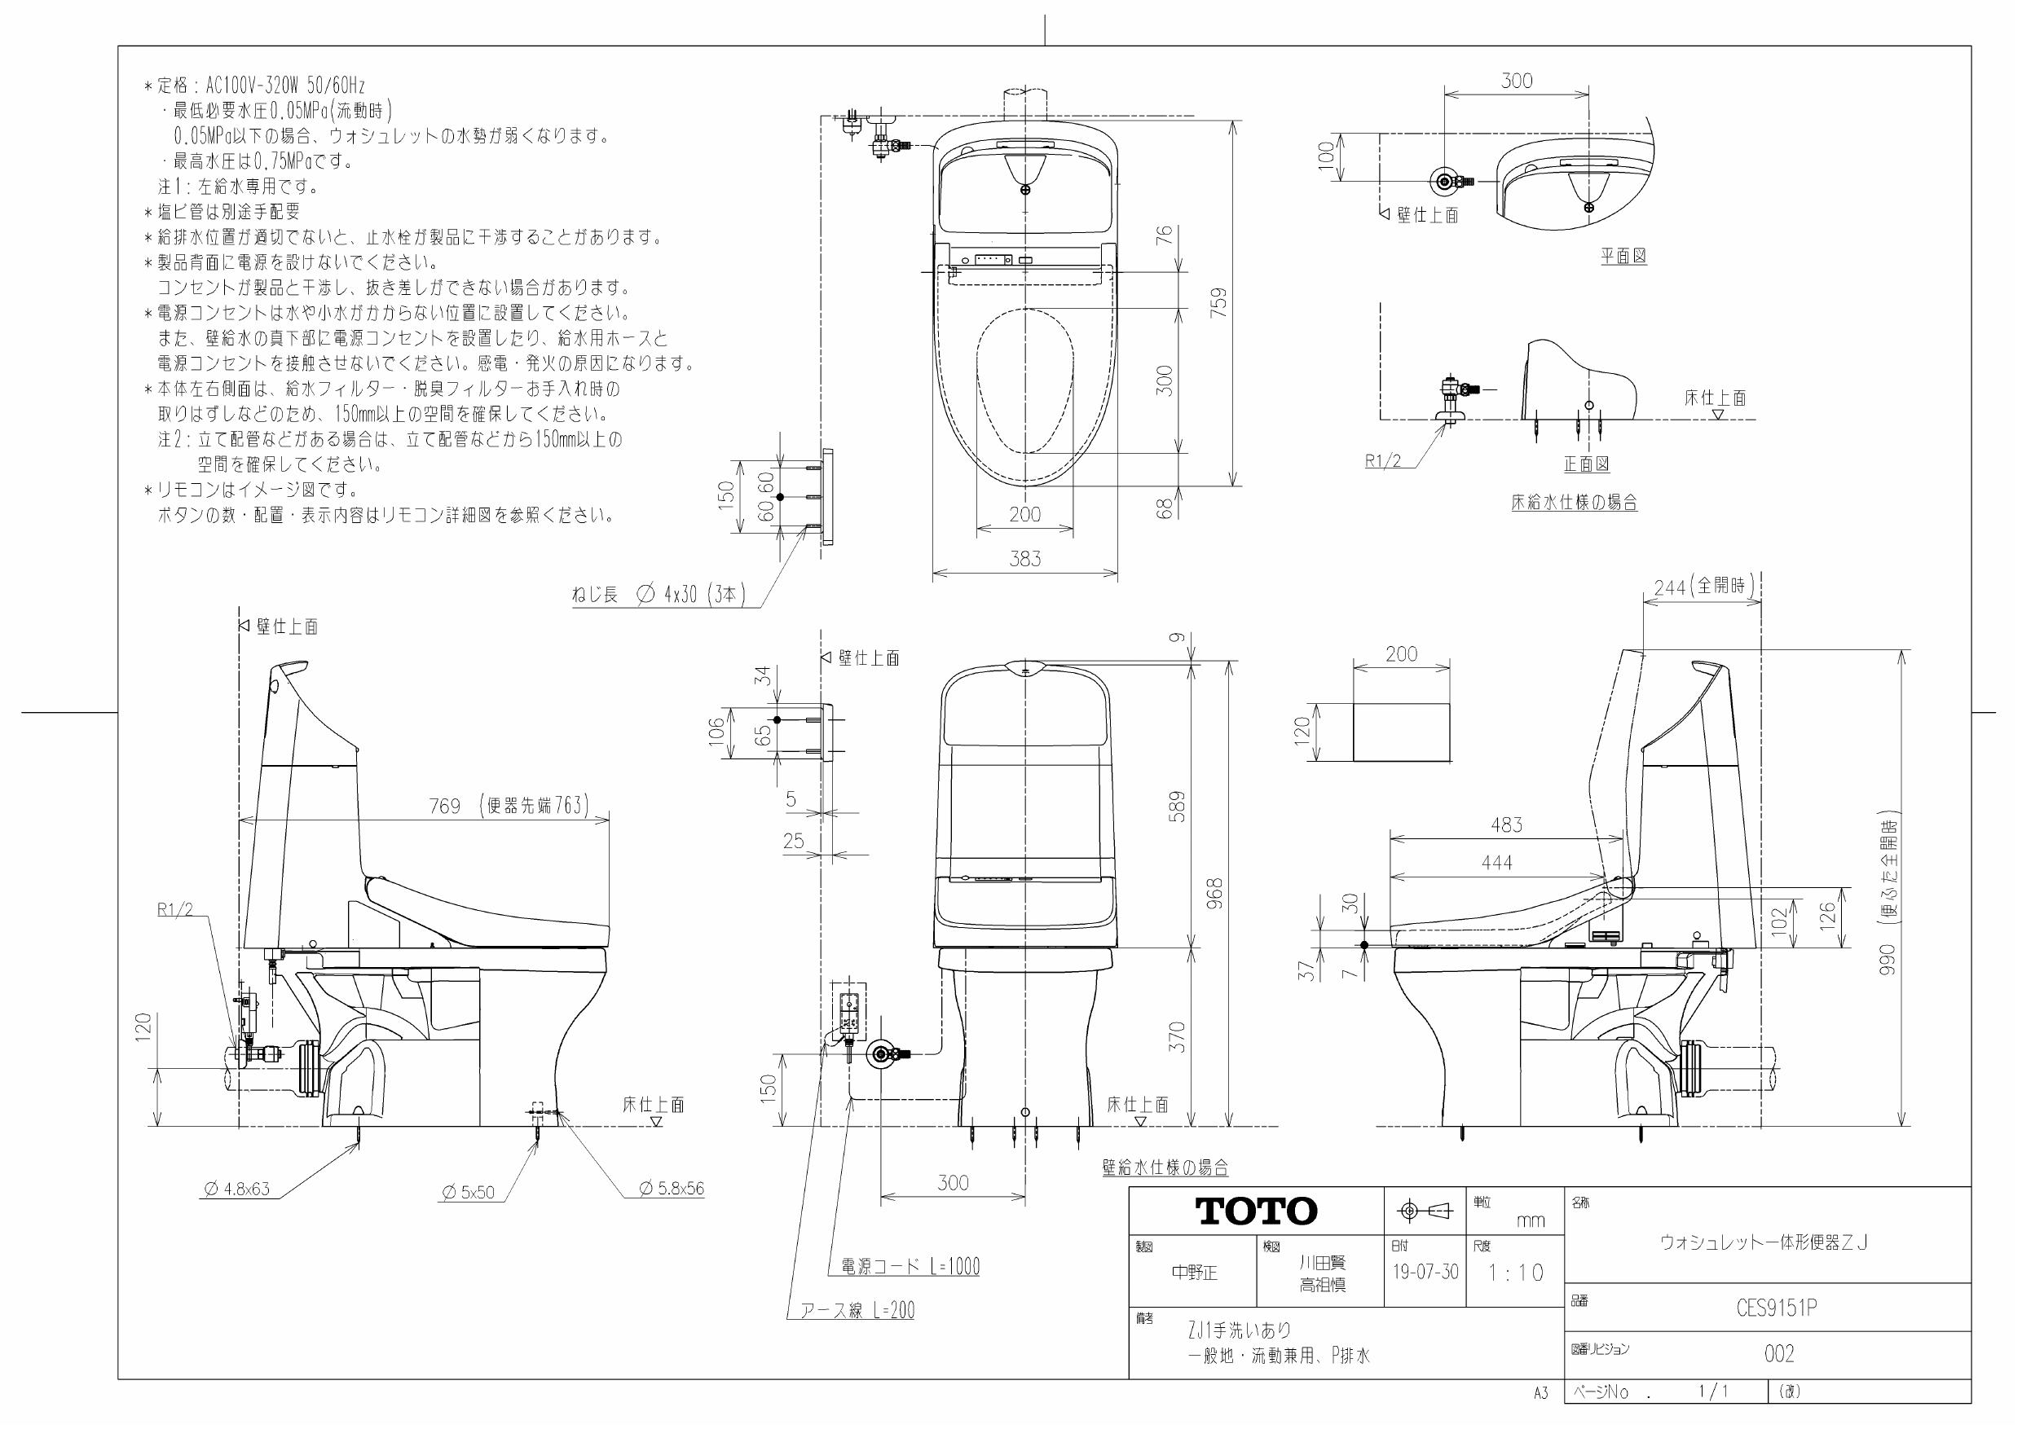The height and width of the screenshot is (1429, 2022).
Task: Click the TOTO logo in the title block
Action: [x=1257, y=1211]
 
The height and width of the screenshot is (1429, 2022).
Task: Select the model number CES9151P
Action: [x=1778, y=1309]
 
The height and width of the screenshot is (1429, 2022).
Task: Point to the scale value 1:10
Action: [x=1516, y=1273]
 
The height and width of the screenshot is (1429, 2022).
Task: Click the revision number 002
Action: [x=1779, y=1354]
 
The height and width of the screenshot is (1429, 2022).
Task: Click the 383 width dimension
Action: [x=1025, y=558]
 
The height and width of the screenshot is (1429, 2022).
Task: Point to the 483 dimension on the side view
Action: [x=1506, y=825]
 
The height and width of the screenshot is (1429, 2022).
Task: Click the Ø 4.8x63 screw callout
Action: [x=237, y=1189]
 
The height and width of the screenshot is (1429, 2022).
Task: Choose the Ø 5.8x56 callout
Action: [x=672, y=1189]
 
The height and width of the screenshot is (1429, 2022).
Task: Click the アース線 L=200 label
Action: [x=856, y=1310]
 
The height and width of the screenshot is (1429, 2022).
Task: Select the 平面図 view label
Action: [x=1623, y=256]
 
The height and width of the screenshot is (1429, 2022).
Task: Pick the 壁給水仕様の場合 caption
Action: [x=1165, y=1167]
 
